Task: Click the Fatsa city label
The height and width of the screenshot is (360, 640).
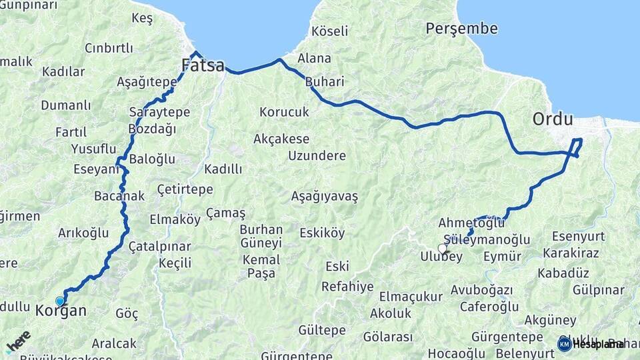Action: pos(203,65)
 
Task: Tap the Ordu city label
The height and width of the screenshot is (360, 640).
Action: pos(553,120)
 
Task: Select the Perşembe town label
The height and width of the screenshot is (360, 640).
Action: pos(461,29)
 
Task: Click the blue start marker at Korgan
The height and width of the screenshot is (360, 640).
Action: pos(60,301)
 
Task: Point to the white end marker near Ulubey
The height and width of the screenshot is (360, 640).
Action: pos(443,249)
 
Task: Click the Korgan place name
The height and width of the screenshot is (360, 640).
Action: pos(61,311)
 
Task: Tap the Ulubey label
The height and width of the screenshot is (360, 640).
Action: pos(441,257)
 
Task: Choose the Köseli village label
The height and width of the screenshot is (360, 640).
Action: pos(329,31)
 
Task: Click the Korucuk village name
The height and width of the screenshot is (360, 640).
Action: pos(284,112)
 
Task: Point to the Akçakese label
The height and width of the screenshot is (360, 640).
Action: pos(281,139)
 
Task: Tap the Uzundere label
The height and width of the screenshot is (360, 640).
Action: pos(317,155)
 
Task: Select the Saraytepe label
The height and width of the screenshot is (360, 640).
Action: pos(159,113)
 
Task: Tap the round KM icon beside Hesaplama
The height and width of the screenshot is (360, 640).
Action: pos(564,343)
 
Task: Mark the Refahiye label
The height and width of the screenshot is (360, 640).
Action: pos(347,287)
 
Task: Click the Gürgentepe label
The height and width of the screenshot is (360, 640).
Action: pos(507,336)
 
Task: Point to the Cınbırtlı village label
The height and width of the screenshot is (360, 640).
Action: pos(109,48)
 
